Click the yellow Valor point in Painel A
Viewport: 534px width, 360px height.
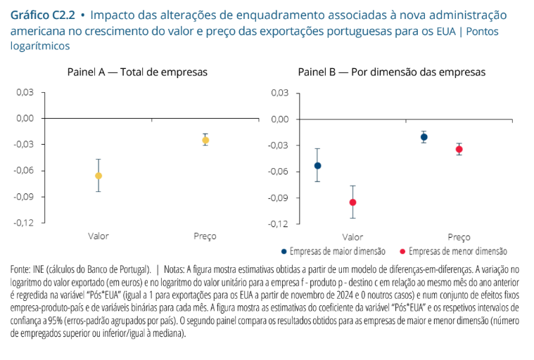point(98,176)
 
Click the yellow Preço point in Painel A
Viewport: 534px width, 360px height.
point(205,140)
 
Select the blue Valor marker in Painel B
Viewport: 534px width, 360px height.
point(317,166)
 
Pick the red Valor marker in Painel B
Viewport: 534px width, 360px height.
point(352,202)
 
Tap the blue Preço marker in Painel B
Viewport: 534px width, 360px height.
point(424,137)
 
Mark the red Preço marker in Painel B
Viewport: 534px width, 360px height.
point(459,149)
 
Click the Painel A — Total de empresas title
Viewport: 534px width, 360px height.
point(137,72)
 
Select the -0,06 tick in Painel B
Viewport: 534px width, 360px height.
point(279,172)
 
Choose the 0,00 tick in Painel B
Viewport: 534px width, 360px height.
point(280,119)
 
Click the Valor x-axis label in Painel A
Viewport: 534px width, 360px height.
point(98,236)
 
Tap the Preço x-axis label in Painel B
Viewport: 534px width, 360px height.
point(459,237)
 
